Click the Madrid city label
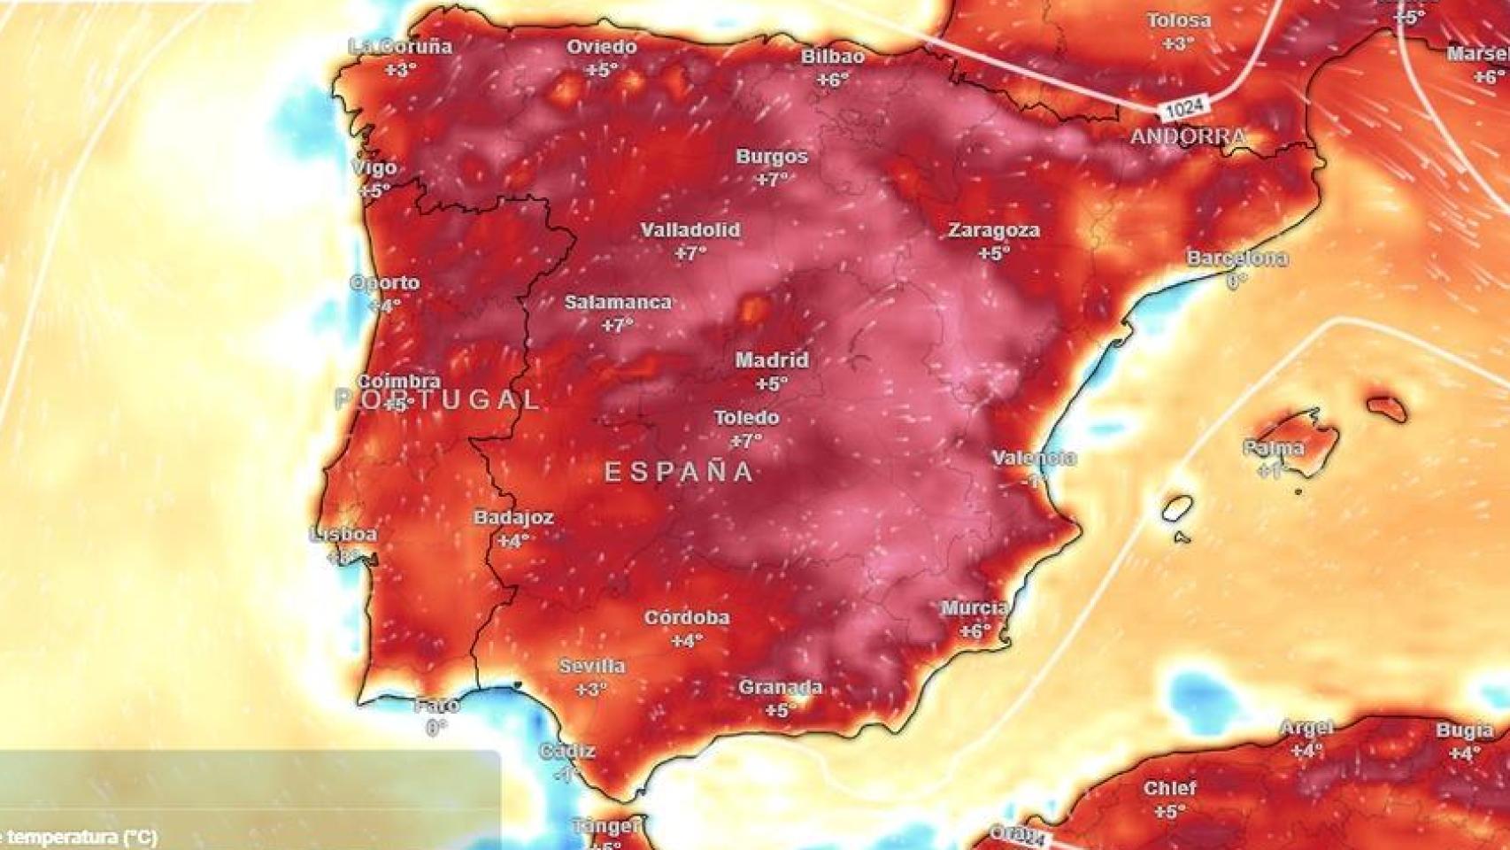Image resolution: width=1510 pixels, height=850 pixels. point(772,360)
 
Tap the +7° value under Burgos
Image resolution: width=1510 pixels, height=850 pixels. point(772,180)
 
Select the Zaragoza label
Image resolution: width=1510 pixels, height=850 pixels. point(994,230)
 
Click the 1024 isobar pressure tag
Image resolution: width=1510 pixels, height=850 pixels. point(1184,108)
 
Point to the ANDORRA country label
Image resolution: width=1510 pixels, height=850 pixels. point(1188,136)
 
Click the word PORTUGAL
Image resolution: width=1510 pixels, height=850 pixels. point(438,399)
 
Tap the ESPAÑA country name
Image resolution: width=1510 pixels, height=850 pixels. point(679,472)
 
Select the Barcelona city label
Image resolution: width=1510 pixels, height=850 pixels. point(1237,259)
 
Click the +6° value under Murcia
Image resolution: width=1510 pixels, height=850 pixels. point(975,631)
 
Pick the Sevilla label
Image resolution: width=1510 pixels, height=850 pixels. point(591,666)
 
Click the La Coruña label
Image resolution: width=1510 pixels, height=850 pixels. point(400,47)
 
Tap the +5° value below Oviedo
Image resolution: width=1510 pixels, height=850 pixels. point(602,70)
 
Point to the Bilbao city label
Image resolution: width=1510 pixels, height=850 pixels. point(832,57)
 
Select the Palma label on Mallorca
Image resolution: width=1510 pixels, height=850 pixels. point(1273,448)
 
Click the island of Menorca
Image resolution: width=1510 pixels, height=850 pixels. point(1387,408)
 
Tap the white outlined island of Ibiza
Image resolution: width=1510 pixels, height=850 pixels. point(1177,508)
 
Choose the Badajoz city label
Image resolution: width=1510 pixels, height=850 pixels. point(513,517)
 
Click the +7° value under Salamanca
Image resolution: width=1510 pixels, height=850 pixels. point(617,325)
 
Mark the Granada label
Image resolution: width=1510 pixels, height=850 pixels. point(780,687)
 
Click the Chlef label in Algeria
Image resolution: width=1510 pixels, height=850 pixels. point(1169,788)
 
